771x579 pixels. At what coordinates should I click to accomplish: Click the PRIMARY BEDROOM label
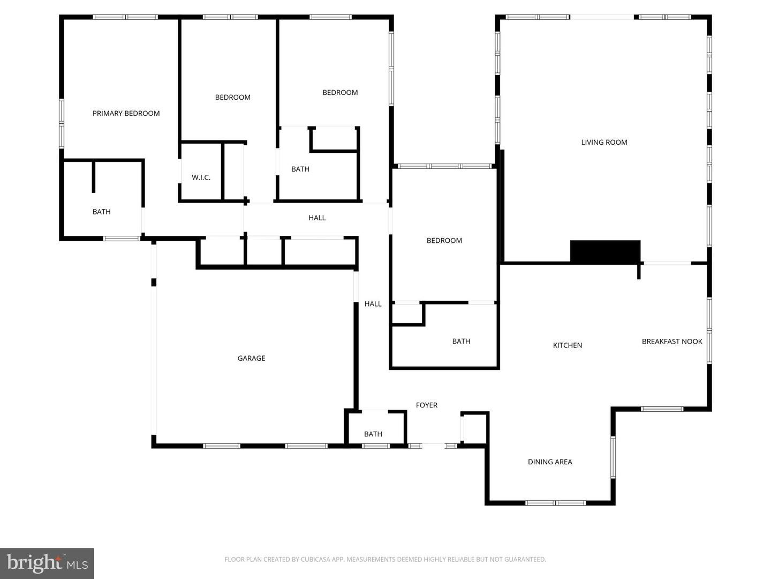(126, 113)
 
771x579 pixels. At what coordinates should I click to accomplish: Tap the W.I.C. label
(201, 177)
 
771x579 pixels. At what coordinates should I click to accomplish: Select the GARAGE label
(251, 358)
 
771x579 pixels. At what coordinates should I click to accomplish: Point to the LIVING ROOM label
(604, 142)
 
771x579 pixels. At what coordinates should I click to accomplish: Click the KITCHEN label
(567, 345)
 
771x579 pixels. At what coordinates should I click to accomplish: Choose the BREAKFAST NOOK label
(671, 342)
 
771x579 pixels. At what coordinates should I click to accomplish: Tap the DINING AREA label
(550, 462)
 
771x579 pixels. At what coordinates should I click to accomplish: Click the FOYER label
(426, 405)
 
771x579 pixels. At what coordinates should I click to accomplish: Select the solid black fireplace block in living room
(604, 251)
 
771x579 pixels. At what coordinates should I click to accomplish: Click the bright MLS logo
(47, 563)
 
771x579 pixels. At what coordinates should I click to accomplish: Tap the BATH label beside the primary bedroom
(101, 212)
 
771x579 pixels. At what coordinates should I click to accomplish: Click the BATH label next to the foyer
(373, 434)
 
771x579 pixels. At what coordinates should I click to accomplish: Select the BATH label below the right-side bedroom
(460, 341)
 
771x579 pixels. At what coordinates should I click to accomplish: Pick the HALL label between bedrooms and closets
(317, 218)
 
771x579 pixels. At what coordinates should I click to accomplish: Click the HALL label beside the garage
(373, 304)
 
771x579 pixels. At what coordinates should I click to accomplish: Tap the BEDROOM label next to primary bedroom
(232, 97)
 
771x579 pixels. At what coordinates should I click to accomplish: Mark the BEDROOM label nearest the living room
(444, 241)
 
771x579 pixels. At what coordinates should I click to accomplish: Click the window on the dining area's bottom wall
(555, 503)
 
